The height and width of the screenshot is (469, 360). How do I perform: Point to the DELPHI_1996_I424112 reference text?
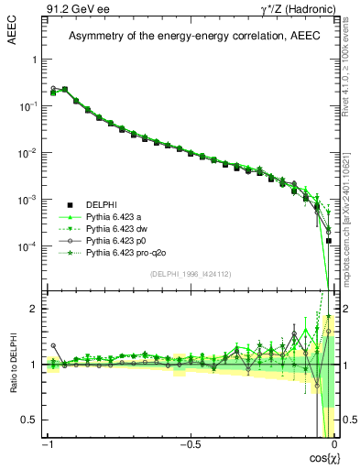190,275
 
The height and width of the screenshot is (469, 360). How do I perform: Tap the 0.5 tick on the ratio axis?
30,420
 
